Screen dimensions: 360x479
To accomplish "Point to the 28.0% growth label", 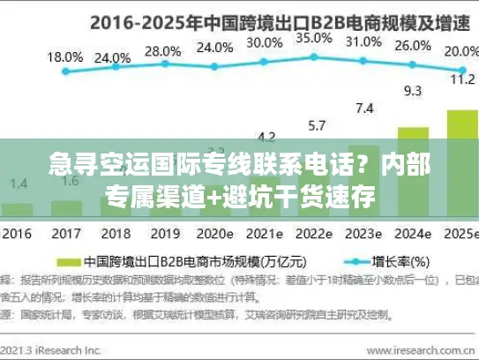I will tap(161, 51).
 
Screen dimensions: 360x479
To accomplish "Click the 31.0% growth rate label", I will tap(363, 41).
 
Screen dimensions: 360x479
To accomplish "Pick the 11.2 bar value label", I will tap(460, 79).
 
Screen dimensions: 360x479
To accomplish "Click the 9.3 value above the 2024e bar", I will tap(412, 90).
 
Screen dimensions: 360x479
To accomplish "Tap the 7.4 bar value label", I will tap(363, 109).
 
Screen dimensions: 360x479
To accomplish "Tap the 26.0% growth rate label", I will tap(412, 46).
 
